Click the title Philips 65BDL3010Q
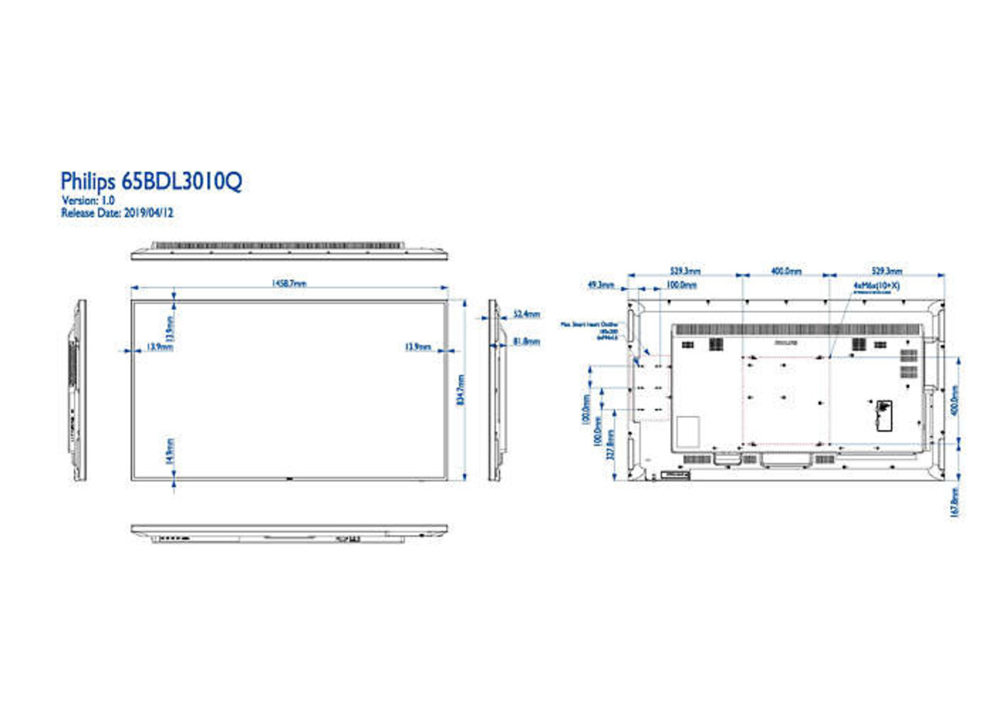point(152,181)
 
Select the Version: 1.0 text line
point(88,201)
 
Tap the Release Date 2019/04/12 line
point(117,212)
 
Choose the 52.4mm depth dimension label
point(526,314)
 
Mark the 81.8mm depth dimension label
point(526,341)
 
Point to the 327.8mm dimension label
point(611,448)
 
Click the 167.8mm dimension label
point(954,501)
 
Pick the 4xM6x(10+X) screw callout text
point(876,287)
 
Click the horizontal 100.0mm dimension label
point(682,285)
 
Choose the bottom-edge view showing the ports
point(288,533)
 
